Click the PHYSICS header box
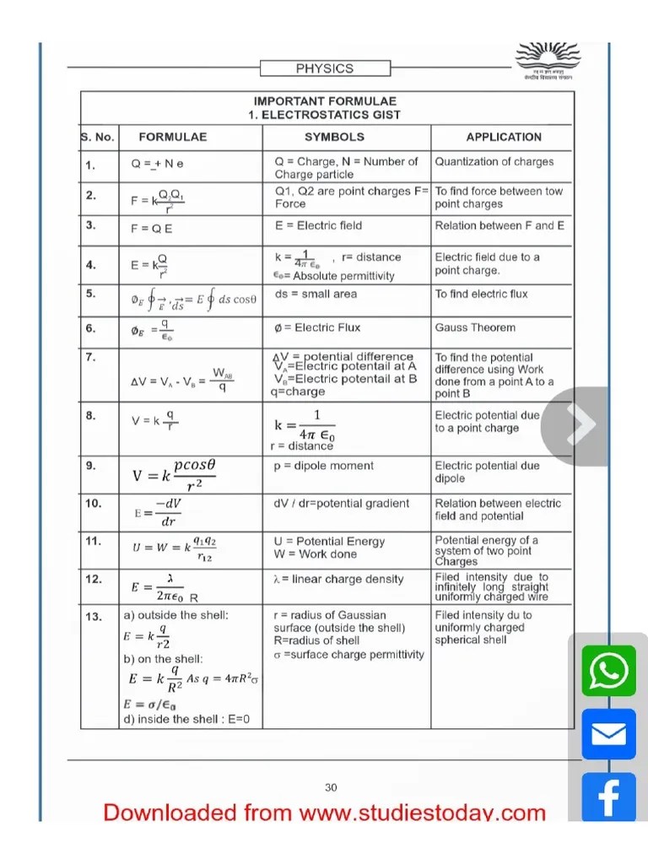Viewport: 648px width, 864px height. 324,68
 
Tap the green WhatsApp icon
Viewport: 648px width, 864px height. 608,671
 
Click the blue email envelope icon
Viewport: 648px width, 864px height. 608,734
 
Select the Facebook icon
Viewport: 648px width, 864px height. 608,796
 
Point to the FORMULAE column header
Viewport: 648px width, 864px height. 172,137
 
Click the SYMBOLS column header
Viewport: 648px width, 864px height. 334,137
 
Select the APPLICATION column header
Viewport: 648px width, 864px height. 504,137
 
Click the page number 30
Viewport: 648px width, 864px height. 331,787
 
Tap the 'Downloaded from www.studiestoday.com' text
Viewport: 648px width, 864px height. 324,813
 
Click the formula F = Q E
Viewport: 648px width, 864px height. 152,229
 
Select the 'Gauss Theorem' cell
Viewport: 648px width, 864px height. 475,327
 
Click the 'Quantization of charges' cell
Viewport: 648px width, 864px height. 494,161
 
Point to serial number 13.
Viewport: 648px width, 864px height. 93,617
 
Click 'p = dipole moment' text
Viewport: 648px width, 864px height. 323,466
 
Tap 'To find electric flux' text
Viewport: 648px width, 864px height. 481,294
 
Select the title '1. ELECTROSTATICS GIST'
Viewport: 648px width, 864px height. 325,115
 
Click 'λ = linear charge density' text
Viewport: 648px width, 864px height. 338,579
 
